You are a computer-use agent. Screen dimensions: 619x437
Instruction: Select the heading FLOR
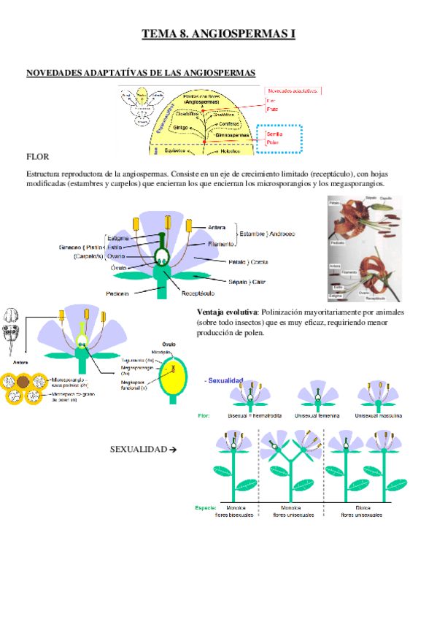(x=37, y=156)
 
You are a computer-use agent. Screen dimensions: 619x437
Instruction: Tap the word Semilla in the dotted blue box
(x=275, y=134)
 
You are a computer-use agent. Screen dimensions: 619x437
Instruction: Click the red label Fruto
(x=272, y=109)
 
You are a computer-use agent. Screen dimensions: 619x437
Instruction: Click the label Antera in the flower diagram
(x=217, y=226)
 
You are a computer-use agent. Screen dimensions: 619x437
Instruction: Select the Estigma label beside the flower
(x=118, y=238)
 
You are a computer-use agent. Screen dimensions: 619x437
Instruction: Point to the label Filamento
(x=221, y=244)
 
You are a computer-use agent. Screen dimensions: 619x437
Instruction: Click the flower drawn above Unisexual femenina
(x=319, y=395)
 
